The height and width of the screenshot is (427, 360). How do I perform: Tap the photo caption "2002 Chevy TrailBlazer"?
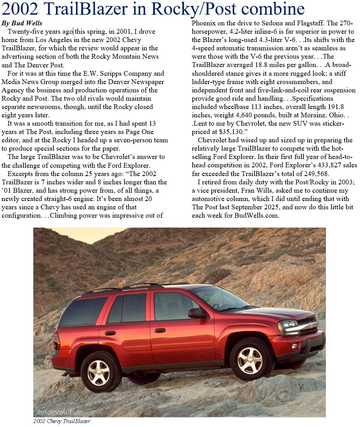(61, 421)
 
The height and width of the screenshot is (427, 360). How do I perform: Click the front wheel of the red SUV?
(250, 360)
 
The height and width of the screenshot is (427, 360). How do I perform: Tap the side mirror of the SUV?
(197, 313)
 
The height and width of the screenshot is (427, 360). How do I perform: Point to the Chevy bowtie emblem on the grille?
(311, 326)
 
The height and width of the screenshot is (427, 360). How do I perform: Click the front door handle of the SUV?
(160, 330)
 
